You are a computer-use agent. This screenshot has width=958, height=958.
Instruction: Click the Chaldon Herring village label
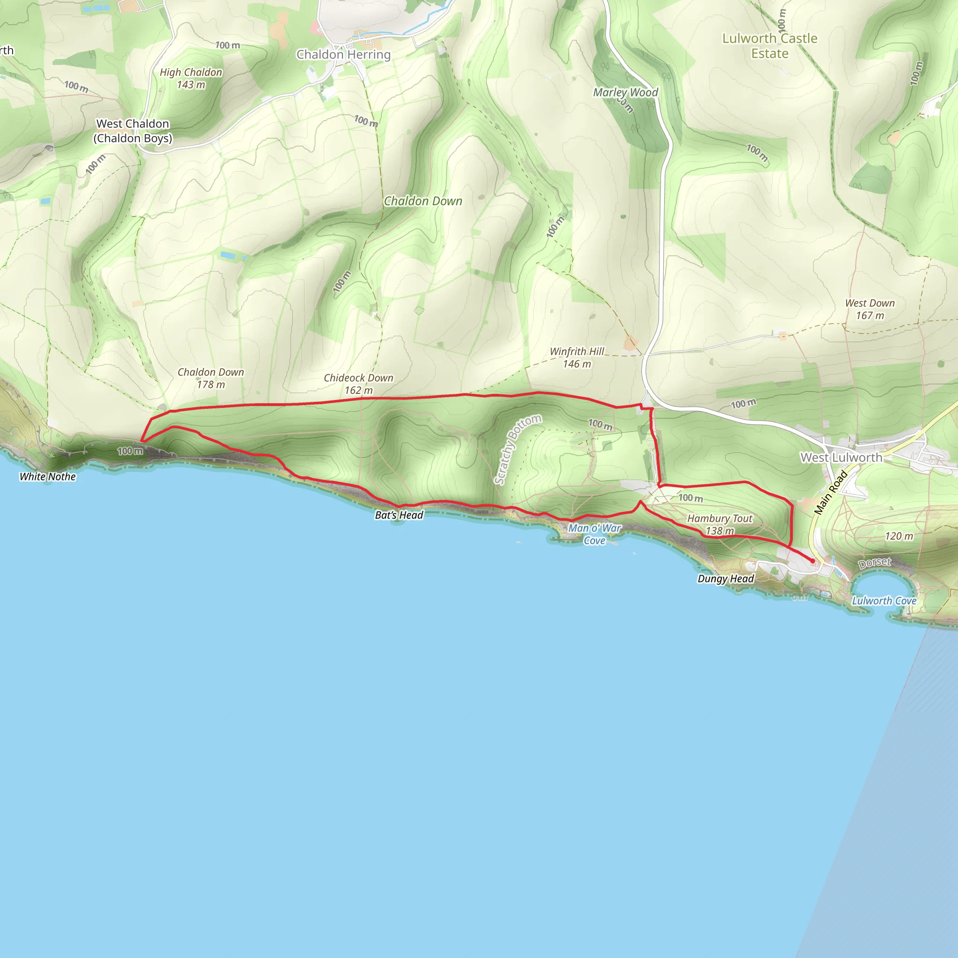click(343, 55)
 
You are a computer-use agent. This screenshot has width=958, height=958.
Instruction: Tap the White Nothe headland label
click(48, 477)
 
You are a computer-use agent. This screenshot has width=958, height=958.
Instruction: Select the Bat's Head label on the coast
click(399, 515)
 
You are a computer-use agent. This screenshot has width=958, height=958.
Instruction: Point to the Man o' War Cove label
click(595, 535)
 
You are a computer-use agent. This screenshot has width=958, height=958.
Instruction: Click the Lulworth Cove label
click(884, 601)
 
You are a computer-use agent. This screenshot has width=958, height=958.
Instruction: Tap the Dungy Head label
click(726, 579)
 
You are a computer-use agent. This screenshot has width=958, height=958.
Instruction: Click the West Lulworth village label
click(842, 457)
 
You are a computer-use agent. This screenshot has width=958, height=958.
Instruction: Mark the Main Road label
click(831, 493)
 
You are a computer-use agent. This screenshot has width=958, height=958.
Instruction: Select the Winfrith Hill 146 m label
click(577, 357)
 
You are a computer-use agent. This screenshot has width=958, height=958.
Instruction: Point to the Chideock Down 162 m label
click(358, 384)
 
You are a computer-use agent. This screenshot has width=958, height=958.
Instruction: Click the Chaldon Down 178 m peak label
click(211, 378)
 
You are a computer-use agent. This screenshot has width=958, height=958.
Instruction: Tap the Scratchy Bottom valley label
click(517, 449)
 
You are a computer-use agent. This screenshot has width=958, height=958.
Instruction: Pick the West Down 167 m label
click(870, 309)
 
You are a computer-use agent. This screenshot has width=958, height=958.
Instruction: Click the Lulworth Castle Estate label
click(769, 46)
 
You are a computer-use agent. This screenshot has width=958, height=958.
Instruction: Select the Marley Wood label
click(625, 93)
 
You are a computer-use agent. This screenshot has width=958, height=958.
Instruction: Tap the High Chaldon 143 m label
click(191, 78)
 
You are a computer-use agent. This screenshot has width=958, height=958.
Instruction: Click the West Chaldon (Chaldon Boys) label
click(133, 131)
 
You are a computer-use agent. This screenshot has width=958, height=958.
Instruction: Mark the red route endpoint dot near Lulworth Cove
click(813, 561)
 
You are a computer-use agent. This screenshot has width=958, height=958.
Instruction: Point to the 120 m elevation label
click(899, 536)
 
